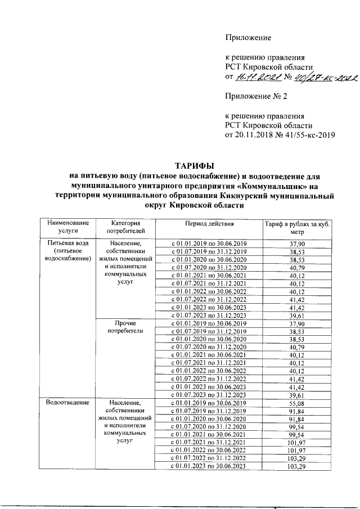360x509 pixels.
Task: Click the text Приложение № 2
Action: coord(256,96)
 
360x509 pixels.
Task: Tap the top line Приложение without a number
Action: coord(248,38)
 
